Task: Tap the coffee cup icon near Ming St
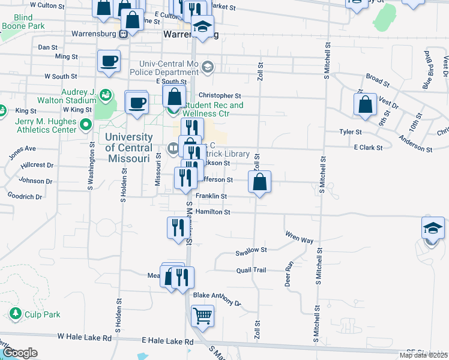(109, 61)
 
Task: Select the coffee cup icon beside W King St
(137, 102)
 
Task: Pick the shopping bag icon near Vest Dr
(365, 104)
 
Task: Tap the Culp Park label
(42, 314)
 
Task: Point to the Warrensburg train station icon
(124, 34)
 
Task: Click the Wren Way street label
(299, 237)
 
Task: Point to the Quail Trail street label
(251, 270)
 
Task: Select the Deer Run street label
(289, 273)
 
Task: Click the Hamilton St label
(213, 212)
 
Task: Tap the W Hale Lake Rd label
(85, 338)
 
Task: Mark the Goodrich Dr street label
(25, 197)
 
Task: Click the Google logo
(20, 353)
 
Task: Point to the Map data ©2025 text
(423, 355)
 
